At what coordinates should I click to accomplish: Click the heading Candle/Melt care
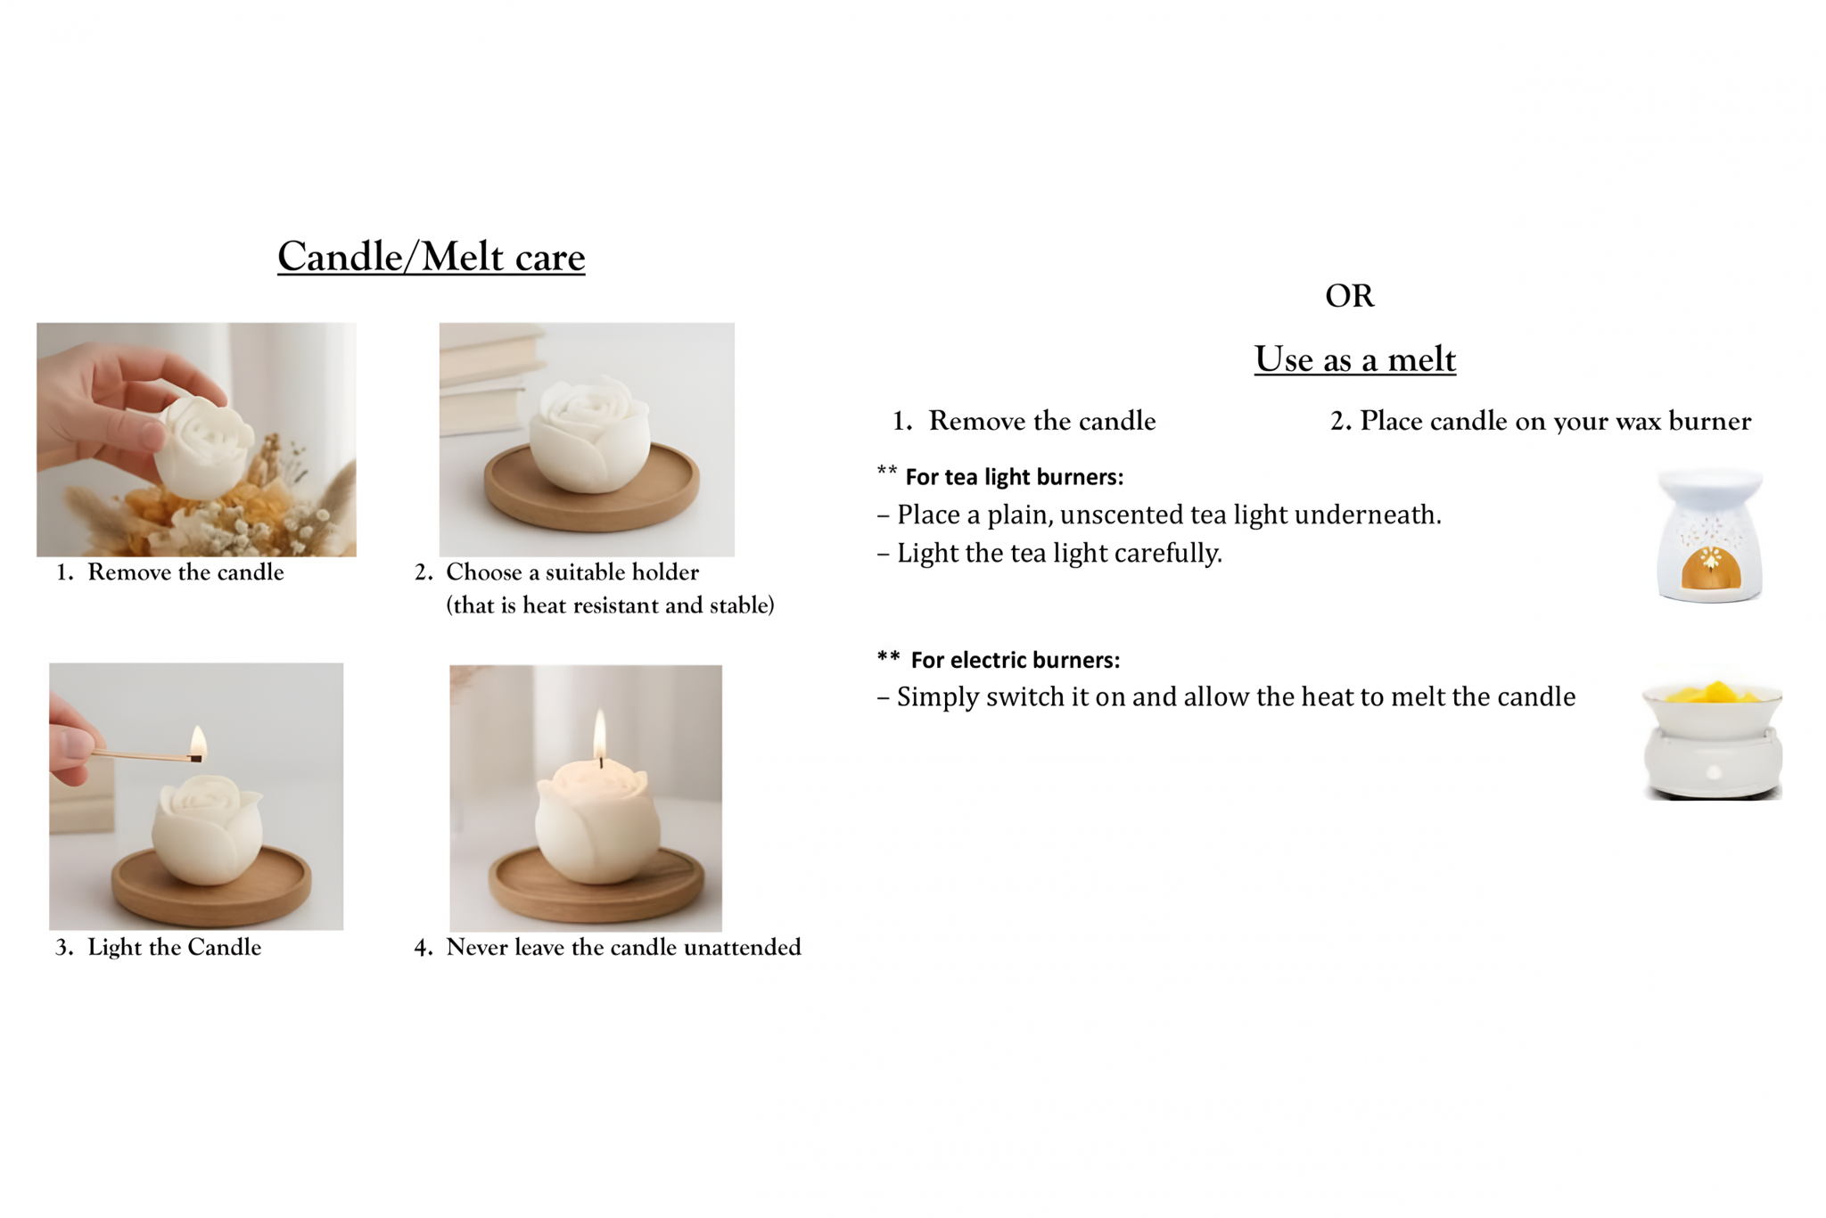[x=431, y=257]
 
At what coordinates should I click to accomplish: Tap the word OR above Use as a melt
[x=1350, y=296]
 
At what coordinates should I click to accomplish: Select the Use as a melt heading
[x=1355, y=359]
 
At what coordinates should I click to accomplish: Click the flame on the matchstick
[x=198, y=742]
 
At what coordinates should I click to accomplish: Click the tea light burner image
[x=1709, y=535]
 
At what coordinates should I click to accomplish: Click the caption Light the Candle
[x=174, y=947]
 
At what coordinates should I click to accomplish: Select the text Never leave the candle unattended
[x=623, y=947]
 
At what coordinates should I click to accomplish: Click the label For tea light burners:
[x=1015, y=477]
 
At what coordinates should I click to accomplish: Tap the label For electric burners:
[x=1016, y=660]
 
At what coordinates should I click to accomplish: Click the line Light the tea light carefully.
[x=1059, y=553]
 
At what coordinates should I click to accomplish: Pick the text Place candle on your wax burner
[x=1555, y=421]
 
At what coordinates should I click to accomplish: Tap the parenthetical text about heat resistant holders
[x=610, y=605]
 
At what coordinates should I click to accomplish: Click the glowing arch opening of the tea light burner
[x=1710, y=568]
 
